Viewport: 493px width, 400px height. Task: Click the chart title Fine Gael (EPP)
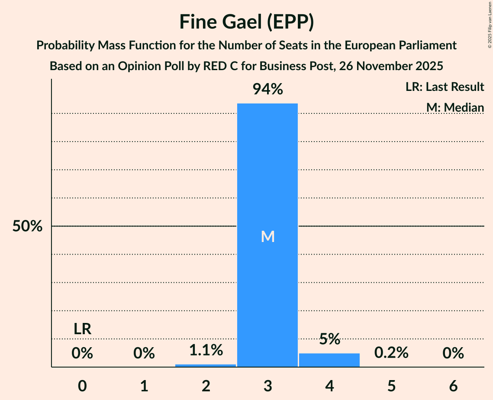(246, 22)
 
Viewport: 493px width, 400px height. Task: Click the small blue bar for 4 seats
(329, 360)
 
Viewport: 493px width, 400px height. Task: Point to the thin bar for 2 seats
(206, 365)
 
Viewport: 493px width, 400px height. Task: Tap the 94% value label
(267, 90)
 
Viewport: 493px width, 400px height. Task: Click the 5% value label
(329, 339)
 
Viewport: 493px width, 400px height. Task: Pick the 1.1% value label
(206, 350)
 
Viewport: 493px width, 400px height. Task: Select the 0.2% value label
(391, 353)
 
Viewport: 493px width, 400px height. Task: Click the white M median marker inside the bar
(267, 236)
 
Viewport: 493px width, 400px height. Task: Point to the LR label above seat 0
(82, 329)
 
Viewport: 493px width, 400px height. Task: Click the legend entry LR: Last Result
(445, 87)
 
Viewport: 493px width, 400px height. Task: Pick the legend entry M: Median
(455, 107)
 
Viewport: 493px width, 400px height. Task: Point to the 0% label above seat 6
(453, 353)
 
